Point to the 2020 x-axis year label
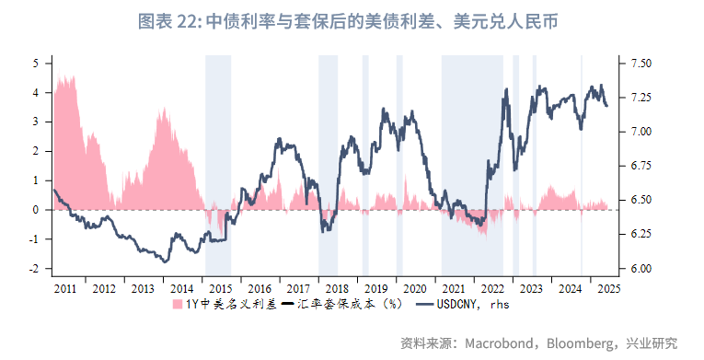(415, 288)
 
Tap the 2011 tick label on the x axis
(65, 288)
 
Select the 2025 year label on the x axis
(608, 288)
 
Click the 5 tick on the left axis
(36, 63)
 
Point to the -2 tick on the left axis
(34, 269)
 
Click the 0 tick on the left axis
(36, 210)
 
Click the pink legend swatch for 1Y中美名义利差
(177, 304)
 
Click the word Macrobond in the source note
(501, 343)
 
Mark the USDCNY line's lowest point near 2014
(166, 262)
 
